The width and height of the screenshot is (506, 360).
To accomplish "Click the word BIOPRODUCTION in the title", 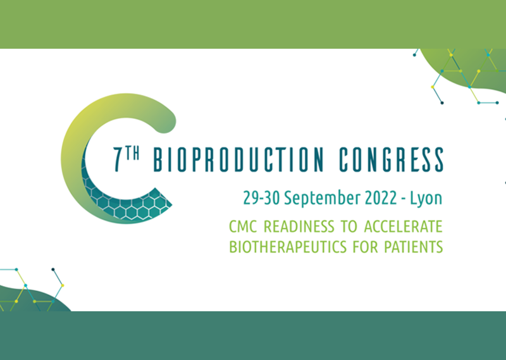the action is pyautogui.click(x=238, y=159).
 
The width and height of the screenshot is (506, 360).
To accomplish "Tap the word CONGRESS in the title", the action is pyautogui.click(x=391, y=159).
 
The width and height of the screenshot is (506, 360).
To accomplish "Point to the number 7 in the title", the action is pyautogui.click(x=118, y=159).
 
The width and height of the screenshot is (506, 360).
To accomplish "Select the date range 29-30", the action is pyautogui.click(x=261, y=197).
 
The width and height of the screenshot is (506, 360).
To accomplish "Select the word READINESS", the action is pyautogui.click(x=299, y=227).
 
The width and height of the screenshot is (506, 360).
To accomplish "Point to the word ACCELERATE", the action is pyautogui.click(x=403, y=227).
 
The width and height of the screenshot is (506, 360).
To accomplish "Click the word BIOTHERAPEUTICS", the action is pyautogui.click(x=288, y=247).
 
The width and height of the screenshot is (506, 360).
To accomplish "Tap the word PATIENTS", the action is pyautogui.click(x=414, y=247).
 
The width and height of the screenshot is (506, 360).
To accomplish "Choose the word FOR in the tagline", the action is pyautogui.click(x=366, y=247).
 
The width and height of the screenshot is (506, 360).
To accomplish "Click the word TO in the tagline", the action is pyautogui.click(x=349, y=227).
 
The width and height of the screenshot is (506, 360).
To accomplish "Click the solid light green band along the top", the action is pyautogui.click(x=253, y=24).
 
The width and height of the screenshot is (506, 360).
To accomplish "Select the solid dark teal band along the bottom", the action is pyautogui.click(x=253, y=336).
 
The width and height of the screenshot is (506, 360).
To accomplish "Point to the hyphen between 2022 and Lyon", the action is pyautogui.click(x=404, y=199).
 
